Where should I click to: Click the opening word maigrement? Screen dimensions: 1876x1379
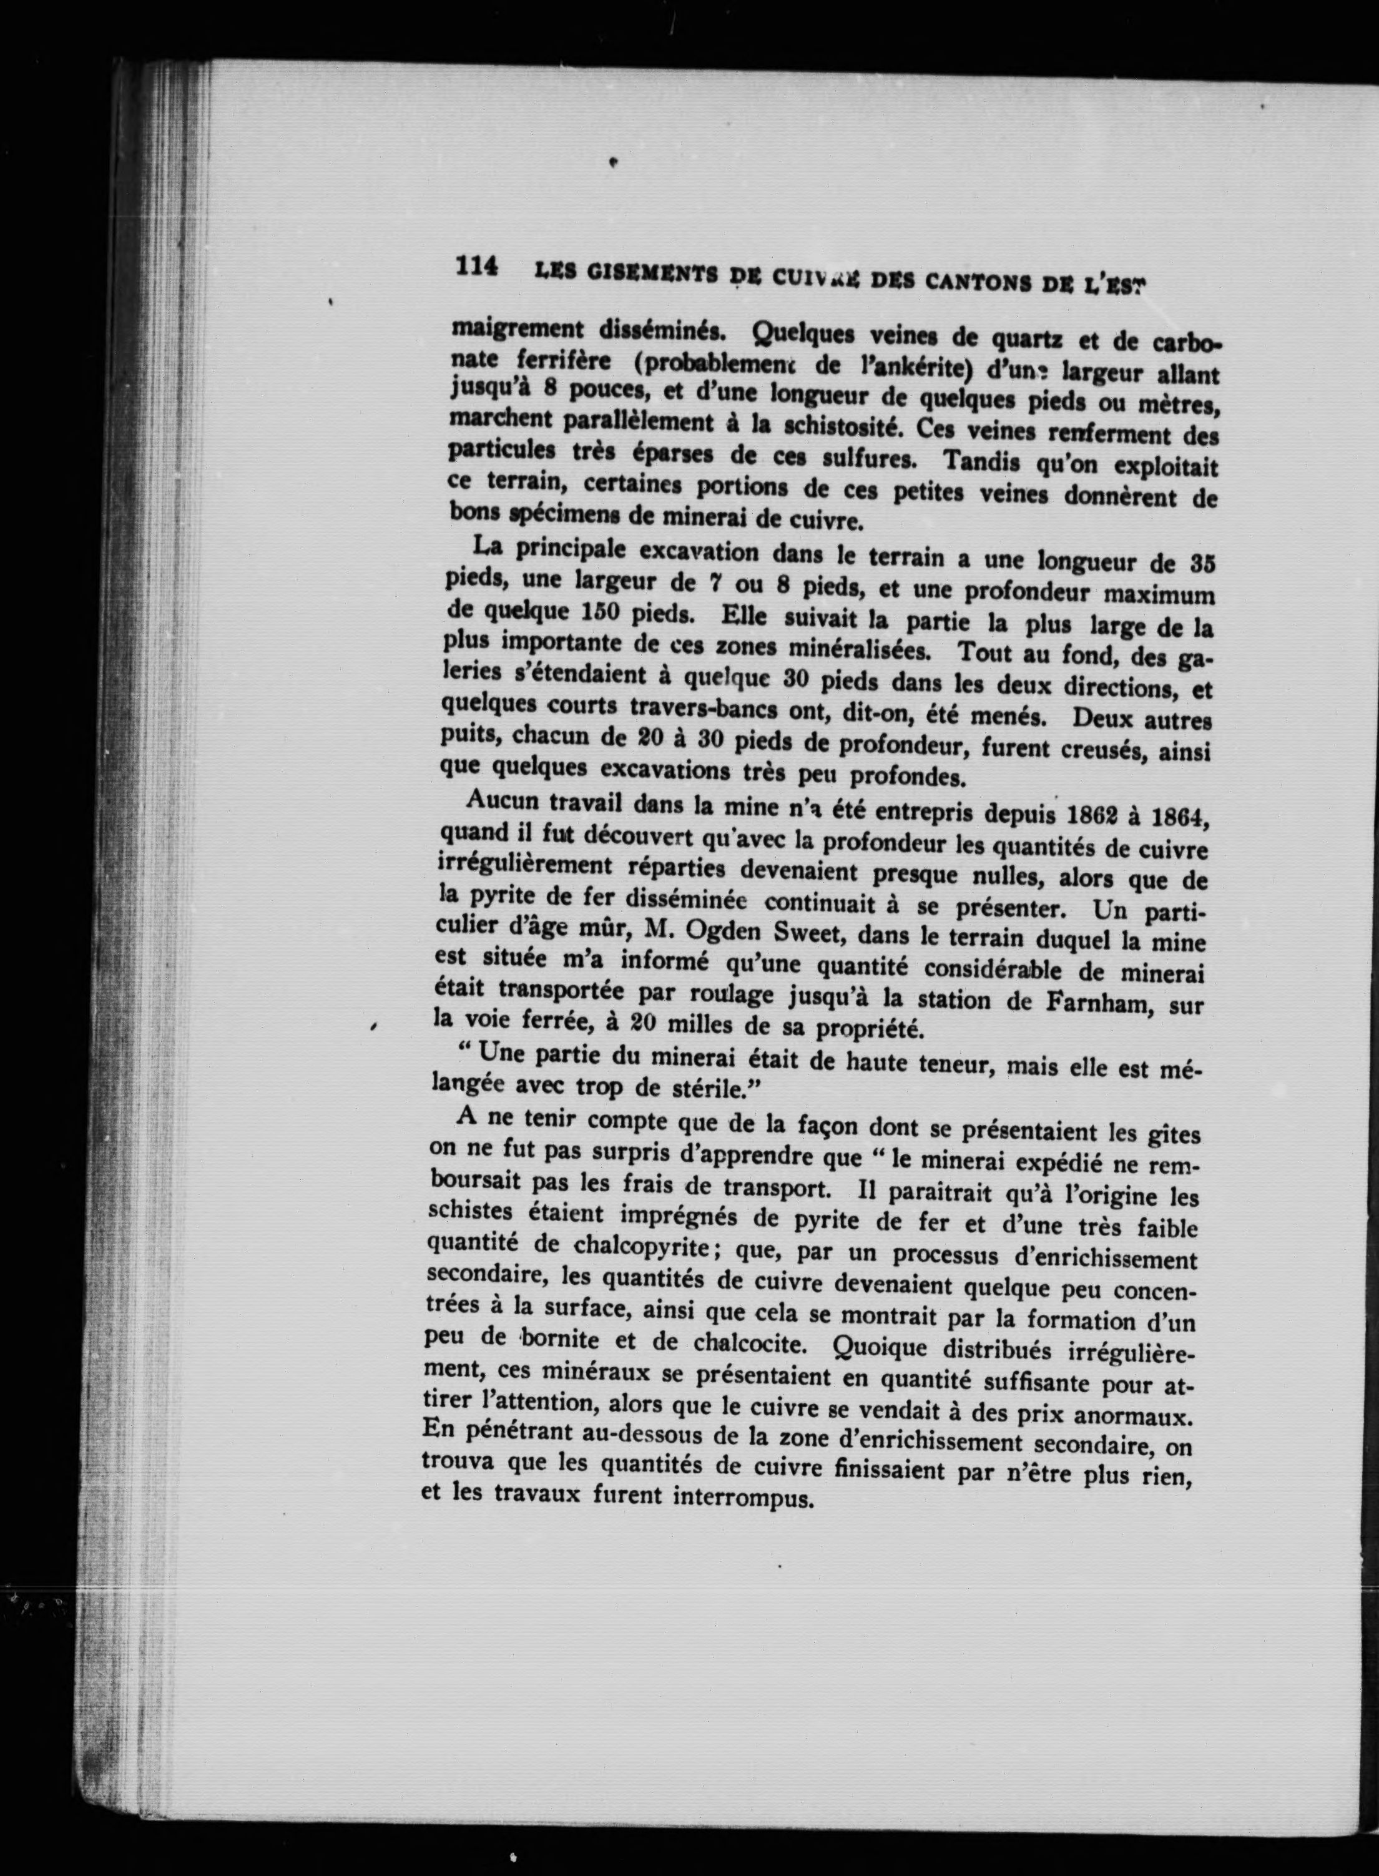click(x=518, y=328)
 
